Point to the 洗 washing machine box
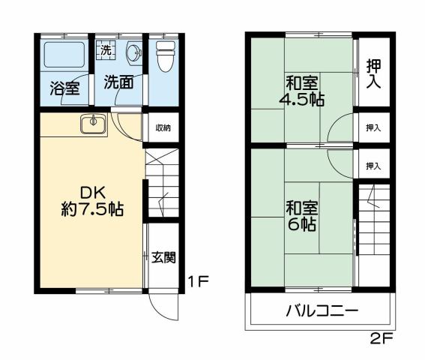point(105,51)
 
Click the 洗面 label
point(118,82)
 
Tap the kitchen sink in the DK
point(93,122)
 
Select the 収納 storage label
point(163,127)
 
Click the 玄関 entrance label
point(163,258)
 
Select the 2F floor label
point(381,337)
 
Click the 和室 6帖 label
point(301,215)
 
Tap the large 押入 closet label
point(373,73)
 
